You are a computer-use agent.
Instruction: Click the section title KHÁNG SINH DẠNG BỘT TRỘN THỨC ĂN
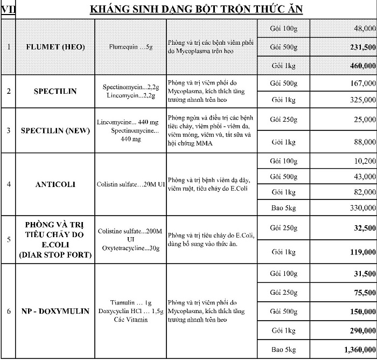pos(196,9)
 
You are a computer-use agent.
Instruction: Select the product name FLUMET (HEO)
pos(55,47)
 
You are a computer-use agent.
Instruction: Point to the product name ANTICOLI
pos(55,184)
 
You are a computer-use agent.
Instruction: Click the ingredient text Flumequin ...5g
pos(130,47)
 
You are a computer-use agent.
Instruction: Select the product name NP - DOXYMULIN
pos(55,311)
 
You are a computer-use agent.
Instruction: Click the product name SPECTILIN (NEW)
pos(55,130)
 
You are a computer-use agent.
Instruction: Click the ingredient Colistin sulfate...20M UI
pos(130,184)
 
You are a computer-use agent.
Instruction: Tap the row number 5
pos(8,240)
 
